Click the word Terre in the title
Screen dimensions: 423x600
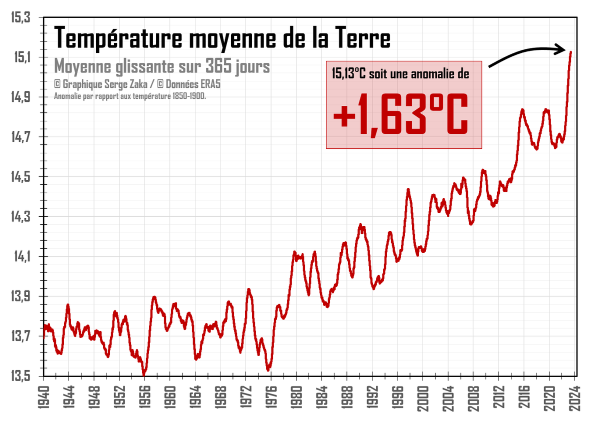[361, 38]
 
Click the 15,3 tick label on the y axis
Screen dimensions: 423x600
[20, 18]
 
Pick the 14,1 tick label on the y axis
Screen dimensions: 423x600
[20, 257]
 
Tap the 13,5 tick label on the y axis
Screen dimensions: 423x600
[20, 376]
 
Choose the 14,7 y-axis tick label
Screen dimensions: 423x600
[20, 137]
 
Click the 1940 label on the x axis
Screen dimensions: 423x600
[44, 398]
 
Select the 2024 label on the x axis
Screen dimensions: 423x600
[574, 398]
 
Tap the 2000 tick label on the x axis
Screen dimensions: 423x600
[423, 398]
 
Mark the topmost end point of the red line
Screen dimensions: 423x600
[570, 51]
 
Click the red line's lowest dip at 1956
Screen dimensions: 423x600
[144, 373]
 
